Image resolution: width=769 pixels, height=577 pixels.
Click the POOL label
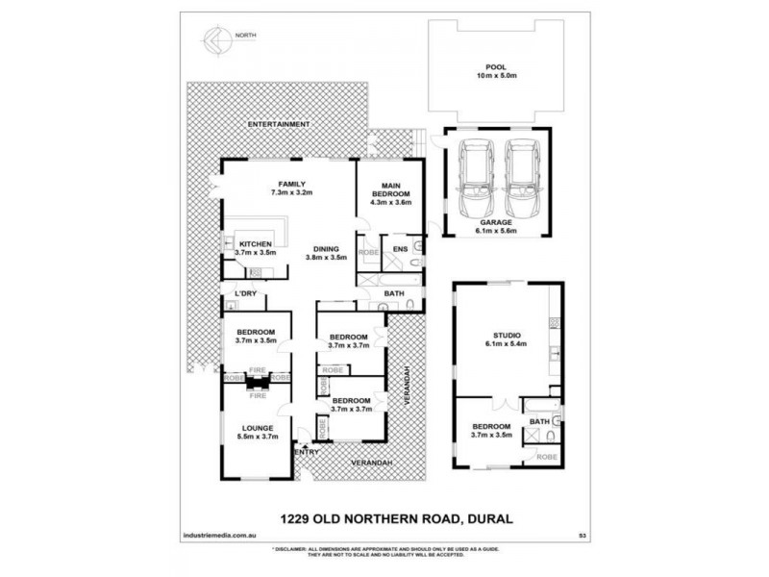[495, 68]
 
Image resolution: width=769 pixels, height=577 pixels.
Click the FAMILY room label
[291, 183]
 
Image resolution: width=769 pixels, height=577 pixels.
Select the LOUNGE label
[259, 427]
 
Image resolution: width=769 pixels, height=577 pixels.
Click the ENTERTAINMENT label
[279, 125]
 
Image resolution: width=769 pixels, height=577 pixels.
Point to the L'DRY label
[236, 292]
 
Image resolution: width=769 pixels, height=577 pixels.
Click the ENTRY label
[307, 450]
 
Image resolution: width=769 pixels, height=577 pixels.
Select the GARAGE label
[496, 221]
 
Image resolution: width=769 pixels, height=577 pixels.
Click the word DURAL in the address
[488, 519]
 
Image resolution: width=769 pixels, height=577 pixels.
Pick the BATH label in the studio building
[538, 420]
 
